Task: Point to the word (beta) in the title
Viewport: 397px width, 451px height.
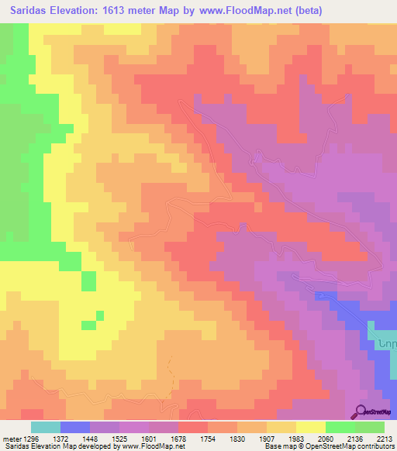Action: [305, 11]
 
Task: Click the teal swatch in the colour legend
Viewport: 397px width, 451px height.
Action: [45, 427]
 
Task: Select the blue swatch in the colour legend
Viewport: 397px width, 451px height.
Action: [75, 427]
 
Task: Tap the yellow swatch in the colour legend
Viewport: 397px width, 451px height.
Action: [311, 427]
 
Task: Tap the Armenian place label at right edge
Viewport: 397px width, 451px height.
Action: [386, 342]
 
